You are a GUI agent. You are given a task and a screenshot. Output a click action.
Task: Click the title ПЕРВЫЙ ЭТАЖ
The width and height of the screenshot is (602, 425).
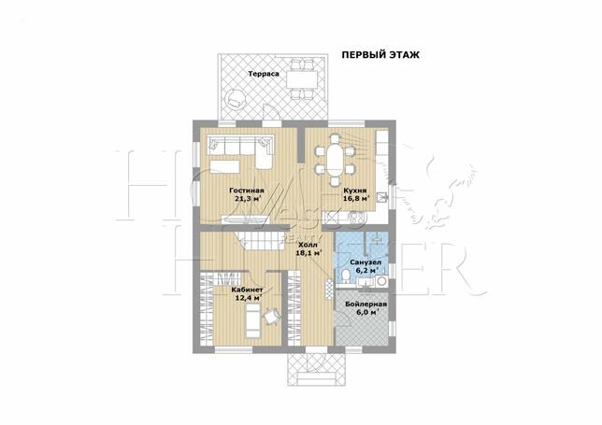point(380,55)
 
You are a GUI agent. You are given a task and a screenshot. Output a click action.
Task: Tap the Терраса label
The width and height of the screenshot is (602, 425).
point(264,74)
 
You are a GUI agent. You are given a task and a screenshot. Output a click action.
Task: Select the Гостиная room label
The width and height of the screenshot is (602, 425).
point(247,191)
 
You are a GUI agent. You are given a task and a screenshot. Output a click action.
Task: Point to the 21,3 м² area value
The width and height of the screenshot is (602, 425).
point(246,199)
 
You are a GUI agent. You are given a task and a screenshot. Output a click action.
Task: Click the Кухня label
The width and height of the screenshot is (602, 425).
point(355,191)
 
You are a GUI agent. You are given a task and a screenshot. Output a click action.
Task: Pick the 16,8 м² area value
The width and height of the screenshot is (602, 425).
point(356,199)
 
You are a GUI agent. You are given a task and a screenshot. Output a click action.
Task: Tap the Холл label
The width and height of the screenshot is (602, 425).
point(308,245)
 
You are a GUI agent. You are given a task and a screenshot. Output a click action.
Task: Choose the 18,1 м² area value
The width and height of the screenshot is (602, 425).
point(308,253)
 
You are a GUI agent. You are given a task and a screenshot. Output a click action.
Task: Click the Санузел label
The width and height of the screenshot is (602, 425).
point(365,262)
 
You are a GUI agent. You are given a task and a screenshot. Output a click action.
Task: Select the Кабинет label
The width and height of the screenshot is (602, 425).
point(247,290)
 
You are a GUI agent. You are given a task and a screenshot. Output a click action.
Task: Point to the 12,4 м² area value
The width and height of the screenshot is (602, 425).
point(249,298)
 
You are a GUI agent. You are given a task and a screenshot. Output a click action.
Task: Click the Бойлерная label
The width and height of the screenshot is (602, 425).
point(365,305)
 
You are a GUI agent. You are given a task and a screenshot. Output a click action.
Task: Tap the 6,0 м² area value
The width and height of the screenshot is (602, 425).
point(365,313)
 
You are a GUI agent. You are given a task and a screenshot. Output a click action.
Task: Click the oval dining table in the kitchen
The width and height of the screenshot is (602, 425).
point(336,160)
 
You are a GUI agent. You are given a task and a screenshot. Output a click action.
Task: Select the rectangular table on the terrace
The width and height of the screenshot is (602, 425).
point(302,79)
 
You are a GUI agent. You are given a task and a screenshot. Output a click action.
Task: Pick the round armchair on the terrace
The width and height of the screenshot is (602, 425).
point(235,99)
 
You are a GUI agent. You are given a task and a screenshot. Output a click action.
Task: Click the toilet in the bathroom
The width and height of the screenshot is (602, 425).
point(345,276)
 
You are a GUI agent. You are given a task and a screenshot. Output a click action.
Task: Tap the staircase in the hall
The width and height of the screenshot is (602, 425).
point(260,242)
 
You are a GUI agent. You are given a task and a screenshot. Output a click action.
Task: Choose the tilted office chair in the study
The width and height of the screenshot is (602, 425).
point(272,318)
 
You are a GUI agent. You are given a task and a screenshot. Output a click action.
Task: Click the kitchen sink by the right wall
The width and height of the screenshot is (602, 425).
point(381,197)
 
